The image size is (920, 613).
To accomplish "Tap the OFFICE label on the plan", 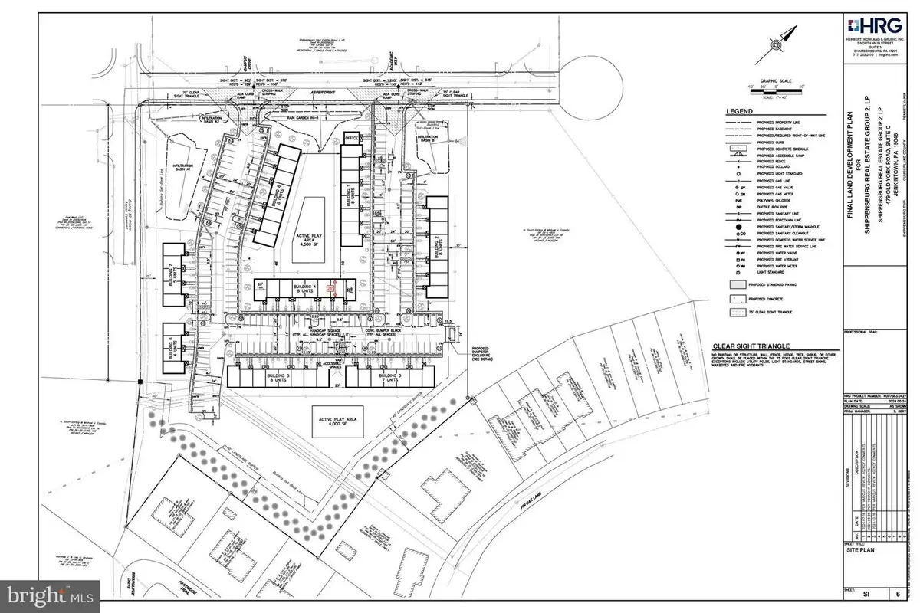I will (352, 138).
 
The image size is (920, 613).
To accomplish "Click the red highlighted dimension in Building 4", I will (330, 289).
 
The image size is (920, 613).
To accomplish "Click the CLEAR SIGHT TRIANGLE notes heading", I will (751, 346).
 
